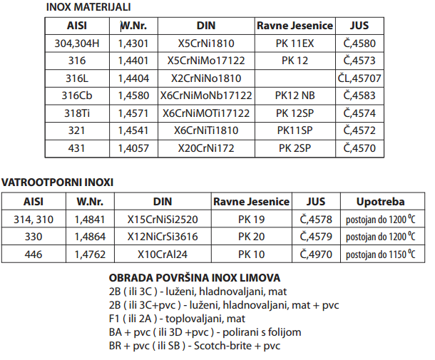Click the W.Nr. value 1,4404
coord(133,78)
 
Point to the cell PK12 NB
coord(294,95)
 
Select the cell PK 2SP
coord(294,148)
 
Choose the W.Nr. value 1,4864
coord(91,237)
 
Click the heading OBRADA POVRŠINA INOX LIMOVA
coord(194,277)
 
